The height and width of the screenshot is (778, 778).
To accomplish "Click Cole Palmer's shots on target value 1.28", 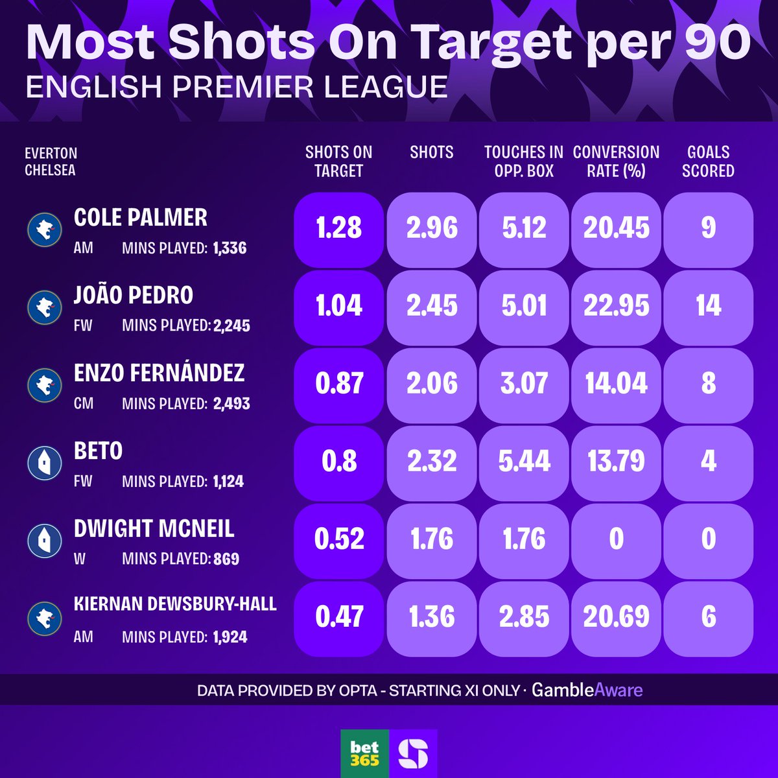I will click(x=338, y=228).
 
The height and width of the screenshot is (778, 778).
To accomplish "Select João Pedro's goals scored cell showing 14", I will click(x=708, y=306).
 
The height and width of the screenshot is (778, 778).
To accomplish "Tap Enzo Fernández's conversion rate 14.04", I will click(x=616, y=384).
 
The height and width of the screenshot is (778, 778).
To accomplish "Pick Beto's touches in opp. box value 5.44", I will click(x=524, y=462).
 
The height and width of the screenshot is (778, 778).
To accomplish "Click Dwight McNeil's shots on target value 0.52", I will click(x=338, y=539).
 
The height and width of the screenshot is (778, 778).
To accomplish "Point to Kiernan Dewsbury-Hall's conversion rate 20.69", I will click(x=616, y=617).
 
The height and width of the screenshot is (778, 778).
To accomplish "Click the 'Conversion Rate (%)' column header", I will click(x=616, y=161).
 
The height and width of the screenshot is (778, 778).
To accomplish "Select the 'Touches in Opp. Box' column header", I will click(x=524, y=161).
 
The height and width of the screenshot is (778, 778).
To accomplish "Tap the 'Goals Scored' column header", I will click(x=708, y=161).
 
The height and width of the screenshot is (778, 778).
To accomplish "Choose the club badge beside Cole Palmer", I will click(x=44, y=230).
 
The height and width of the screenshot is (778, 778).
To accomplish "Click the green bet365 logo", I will click(x=364, y=753).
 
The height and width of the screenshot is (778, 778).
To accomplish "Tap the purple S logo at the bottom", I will click(x=413, y=753).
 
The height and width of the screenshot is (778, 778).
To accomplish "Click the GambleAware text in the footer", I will click(x=587, y=690).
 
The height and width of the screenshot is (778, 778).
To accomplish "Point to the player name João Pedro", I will click(x=134, y=295).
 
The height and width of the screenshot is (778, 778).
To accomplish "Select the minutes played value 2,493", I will click(x=231, y=404).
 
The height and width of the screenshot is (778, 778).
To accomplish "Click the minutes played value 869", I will click(x=226, y=559).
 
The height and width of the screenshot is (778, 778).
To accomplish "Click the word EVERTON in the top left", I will click(x=51, y=154).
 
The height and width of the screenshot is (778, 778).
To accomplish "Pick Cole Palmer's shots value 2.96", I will click(x=432, y=228).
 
